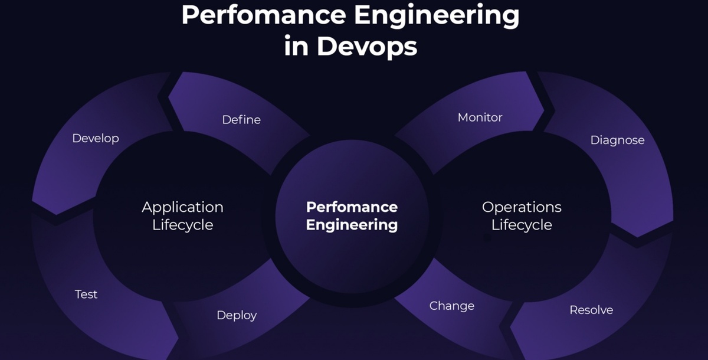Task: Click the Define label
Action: tap(241, 120)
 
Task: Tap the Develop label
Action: tap(96, 138)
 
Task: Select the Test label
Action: tap(86, 294)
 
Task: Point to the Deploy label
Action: tap(237, 315)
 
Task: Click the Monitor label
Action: tap(480, 117)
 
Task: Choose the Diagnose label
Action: tap(617, 140)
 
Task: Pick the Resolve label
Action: tap(591, 310)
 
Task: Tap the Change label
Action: tap(452, 306)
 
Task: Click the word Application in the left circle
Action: tap(182, 207)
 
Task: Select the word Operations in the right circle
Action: tap(522, 207)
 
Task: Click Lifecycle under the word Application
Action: tap(182, 225)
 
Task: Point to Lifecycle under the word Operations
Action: tap(522, 225)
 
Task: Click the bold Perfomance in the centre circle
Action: tap(352, 207)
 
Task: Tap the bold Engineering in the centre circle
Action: tap(352, 225)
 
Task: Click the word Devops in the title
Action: tap(367, 46)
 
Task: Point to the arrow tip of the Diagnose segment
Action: tap(637, 236)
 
